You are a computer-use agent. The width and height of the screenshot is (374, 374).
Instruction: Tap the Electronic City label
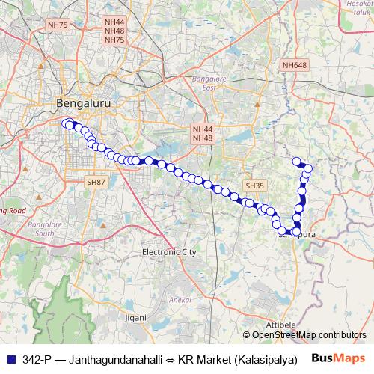[x=169, y=252]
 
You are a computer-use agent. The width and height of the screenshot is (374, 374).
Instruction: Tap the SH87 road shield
[x=96, y=182]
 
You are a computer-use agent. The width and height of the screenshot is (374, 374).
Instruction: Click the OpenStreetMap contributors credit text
[x=308, y=335]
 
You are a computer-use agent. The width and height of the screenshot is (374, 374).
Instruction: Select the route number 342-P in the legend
[x=37, y=358]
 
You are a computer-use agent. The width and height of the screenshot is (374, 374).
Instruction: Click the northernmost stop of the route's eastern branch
[x=296, y=161]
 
